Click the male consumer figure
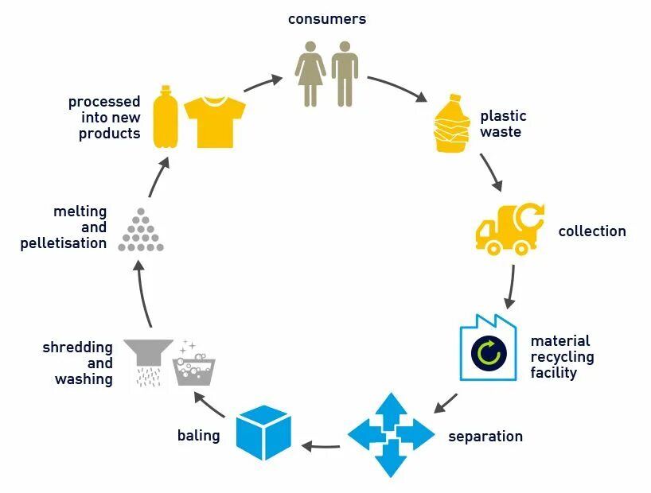345,74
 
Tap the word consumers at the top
327,18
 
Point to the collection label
591,231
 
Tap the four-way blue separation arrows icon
391,435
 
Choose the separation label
485,437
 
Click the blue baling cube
265,433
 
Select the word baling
198,437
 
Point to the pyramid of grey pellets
141,233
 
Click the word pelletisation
64,243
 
